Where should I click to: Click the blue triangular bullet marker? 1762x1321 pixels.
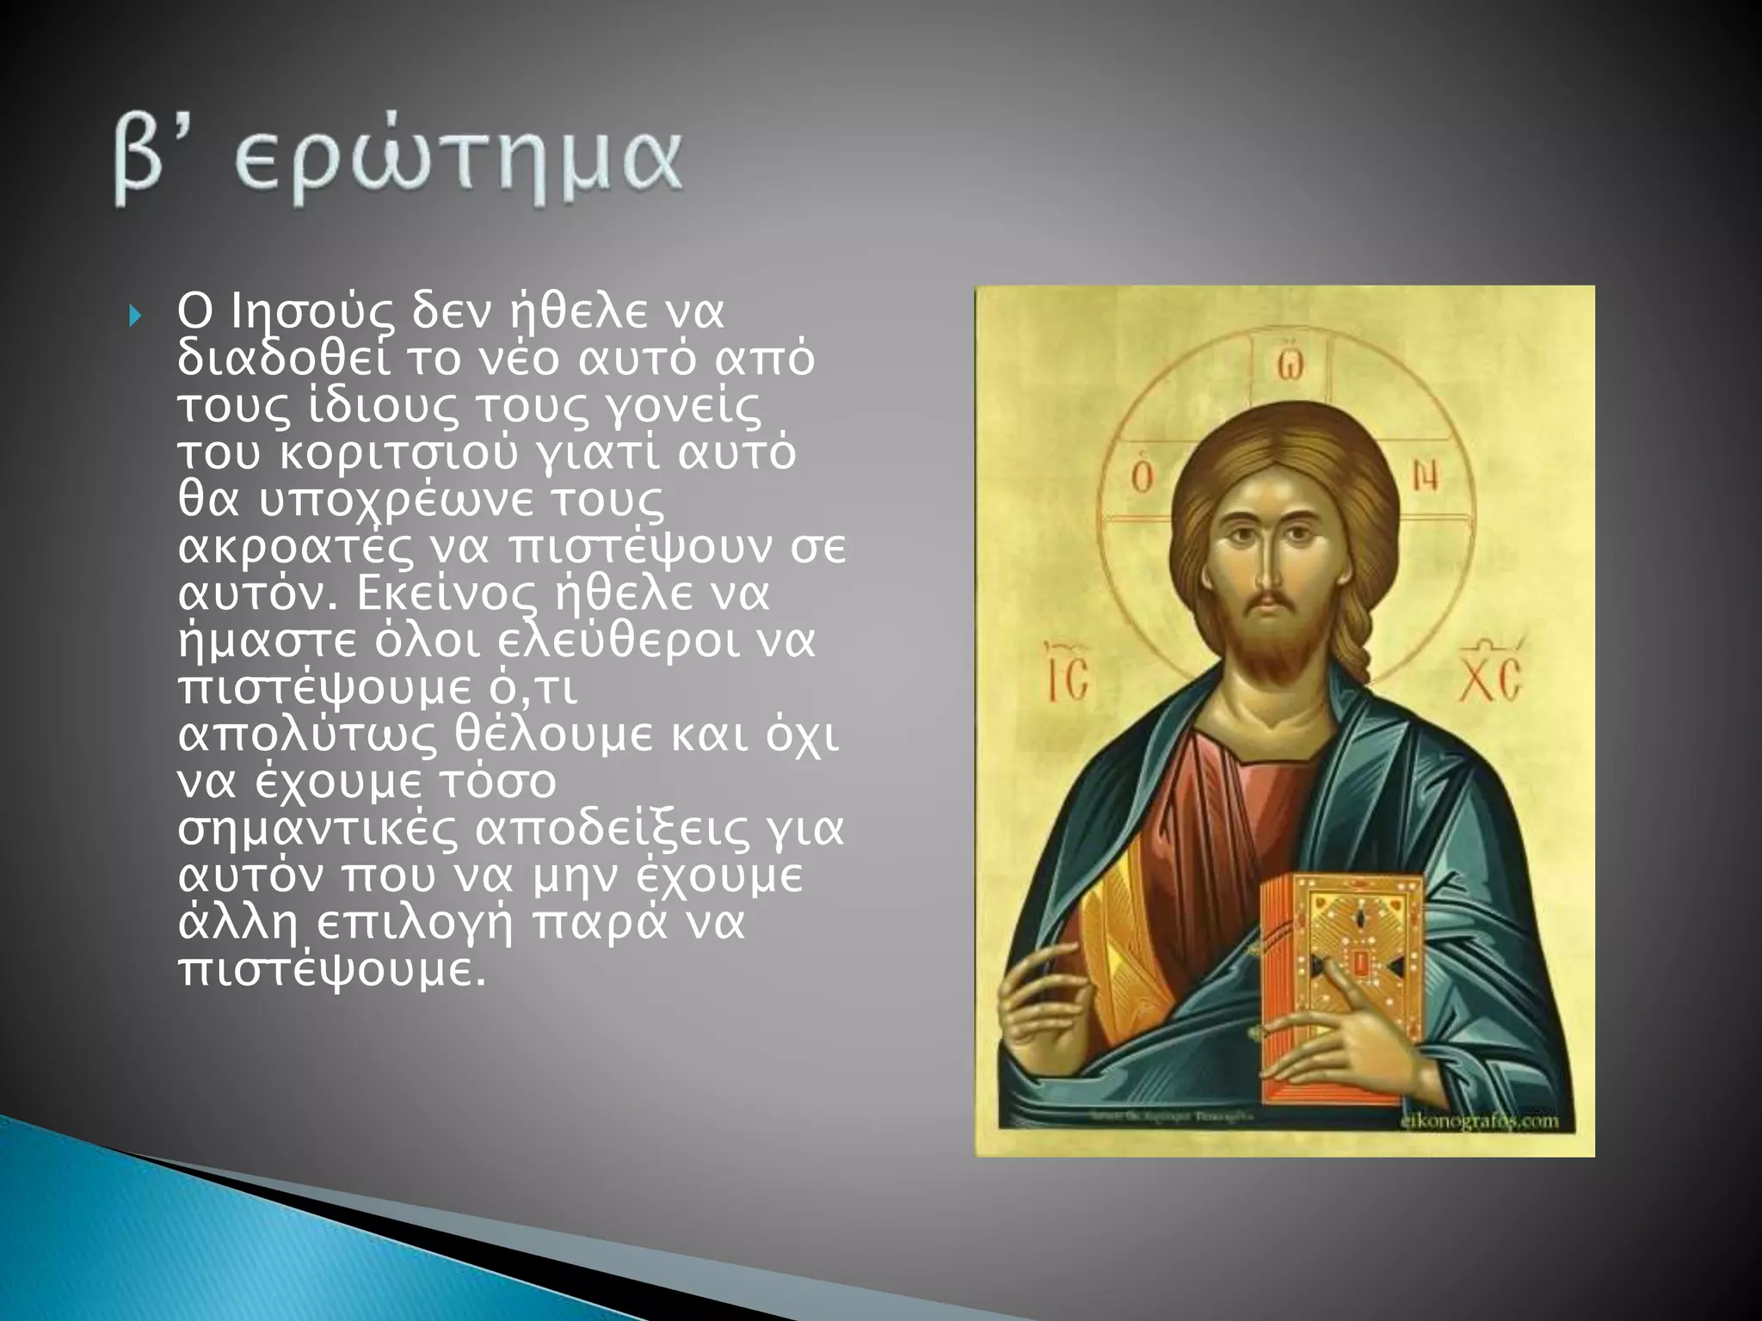(x=134, y=317)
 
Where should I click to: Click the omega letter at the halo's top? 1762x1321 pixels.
(x=1288, y=365)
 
